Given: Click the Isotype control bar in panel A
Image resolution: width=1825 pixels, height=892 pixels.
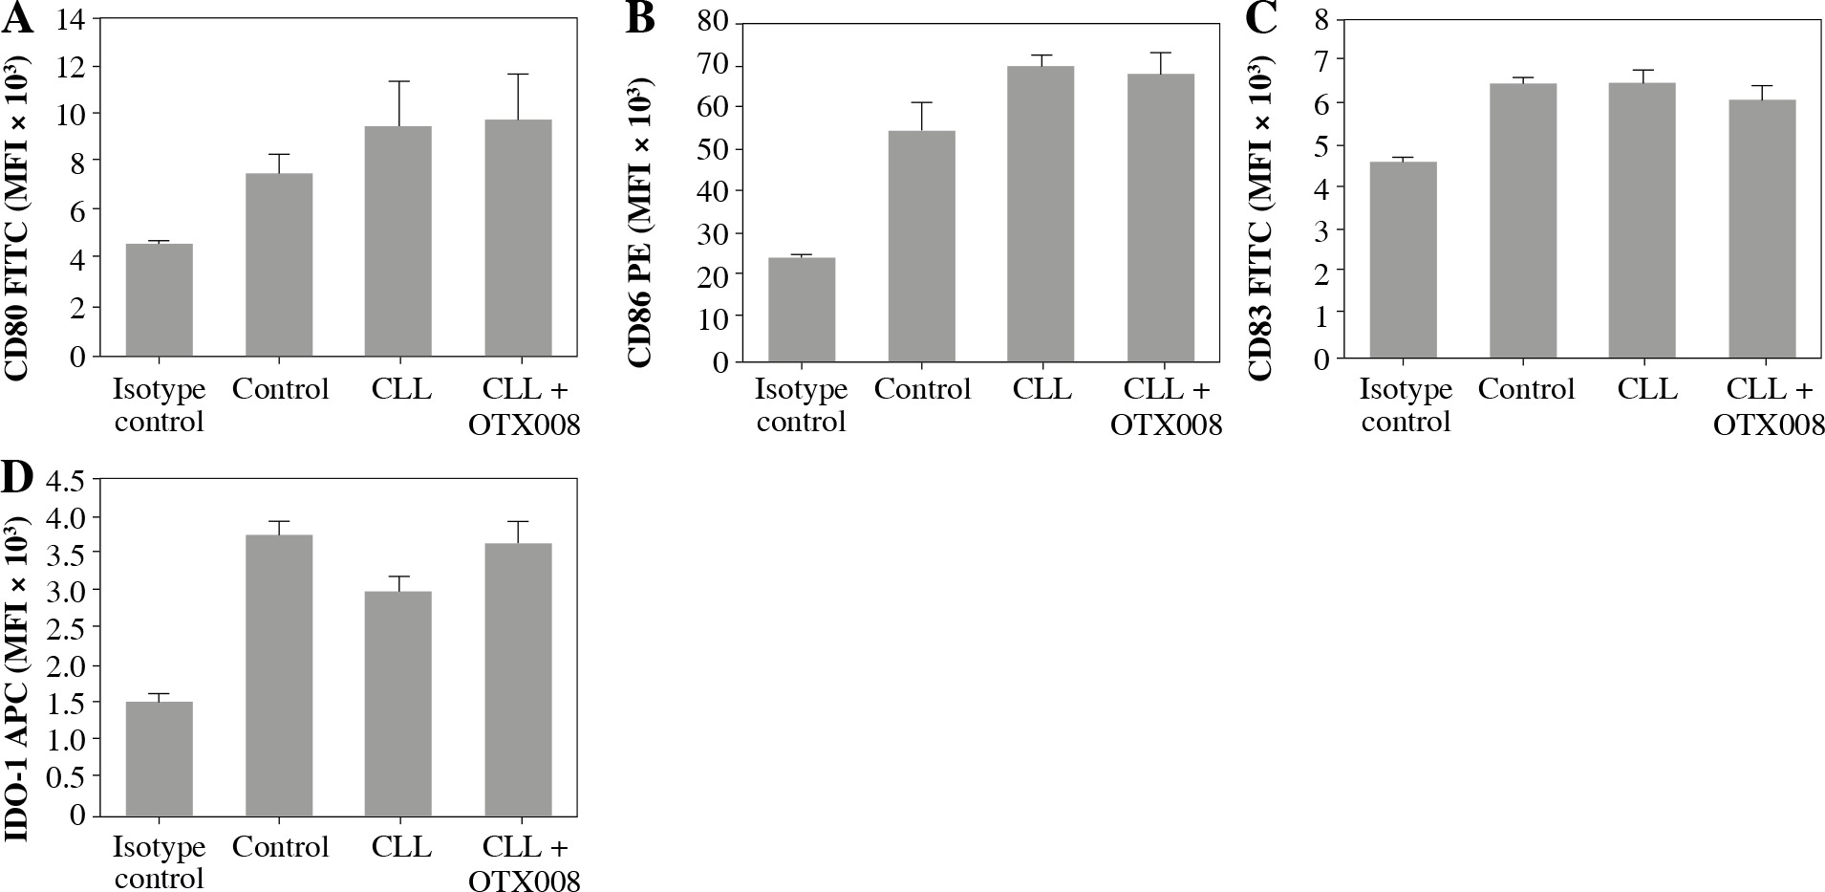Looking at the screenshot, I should [160, 300].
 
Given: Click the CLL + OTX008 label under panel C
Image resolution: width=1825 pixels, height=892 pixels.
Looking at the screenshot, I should [1769, 406].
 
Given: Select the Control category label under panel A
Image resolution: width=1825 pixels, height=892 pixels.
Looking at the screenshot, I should [280, 389].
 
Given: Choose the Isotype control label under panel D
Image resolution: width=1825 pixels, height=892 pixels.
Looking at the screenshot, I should [160, 862].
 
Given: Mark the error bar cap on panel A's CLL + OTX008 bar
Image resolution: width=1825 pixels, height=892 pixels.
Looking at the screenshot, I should [518, 74].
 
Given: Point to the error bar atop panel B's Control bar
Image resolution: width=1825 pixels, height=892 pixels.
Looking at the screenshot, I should [922, 116].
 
